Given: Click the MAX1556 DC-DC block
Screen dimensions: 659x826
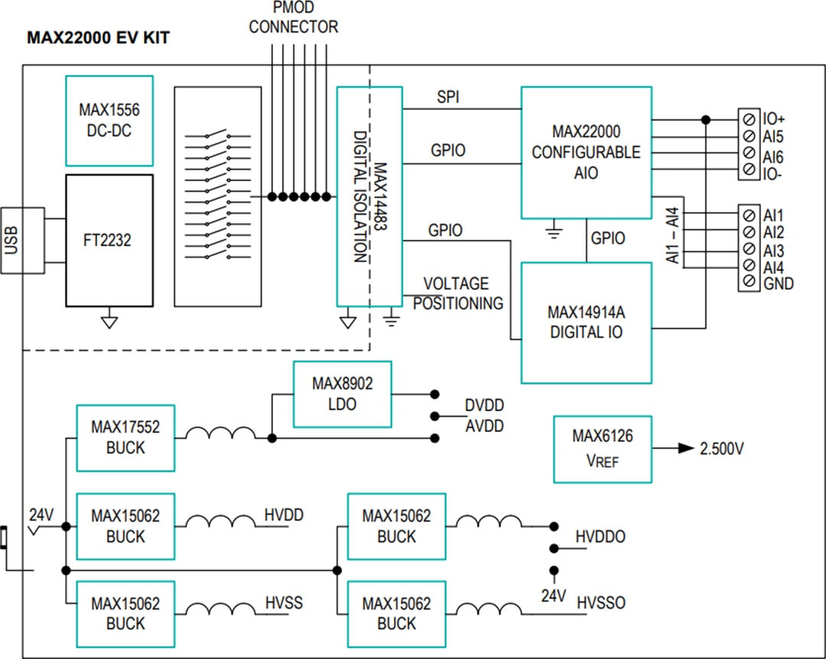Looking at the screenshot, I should [x=109, y=121].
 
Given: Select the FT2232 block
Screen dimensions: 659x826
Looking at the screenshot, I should [x=109, y=240].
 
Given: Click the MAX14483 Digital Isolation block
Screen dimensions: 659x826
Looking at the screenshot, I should [x=369, y=196].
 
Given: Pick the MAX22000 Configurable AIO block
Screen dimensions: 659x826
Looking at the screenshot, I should [x=587, y=152].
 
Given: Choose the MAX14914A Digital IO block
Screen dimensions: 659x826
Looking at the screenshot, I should [x=587, y=322].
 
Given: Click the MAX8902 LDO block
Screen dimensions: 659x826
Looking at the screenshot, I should [x=342, y=393].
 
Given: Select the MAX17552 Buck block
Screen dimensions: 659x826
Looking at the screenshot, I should [x=125, y=437].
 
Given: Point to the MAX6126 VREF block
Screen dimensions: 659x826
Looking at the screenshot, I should [x=603, y=449].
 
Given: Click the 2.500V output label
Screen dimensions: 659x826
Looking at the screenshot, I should [x=720, y=449].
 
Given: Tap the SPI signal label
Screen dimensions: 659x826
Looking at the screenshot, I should [x=449, y=97].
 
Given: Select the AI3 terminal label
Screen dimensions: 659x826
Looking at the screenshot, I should [x=773, y=250].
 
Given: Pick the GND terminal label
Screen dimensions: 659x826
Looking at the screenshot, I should [x=778, y=284].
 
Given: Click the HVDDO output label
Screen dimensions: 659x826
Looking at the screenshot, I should [x=600, y=537].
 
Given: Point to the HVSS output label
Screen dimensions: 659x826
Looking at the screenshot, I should [x=284, y=603].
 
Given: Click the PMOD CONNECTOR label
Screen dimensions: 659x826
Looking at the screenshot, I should [x=293, y=18].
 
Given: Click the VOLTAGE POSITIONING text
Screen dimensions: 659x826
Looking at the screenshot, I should [x=457, y=294].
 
